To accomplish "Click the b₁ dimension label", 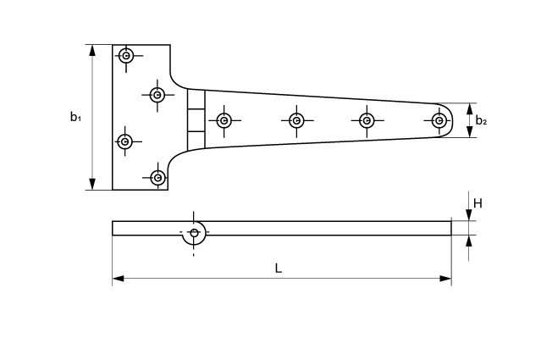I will point(75,117).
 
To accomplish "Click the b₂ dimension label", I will point(481,120).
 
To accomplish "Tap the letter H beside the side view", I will point(478,203).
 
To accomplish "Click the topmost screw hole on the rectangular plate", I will point(126,57).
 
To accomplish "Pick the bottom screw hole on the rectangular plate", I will point(157,177).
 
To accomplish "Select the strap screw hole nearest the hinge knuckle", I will point(224,120).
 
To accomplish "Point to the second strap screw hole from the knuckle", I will point(296,120).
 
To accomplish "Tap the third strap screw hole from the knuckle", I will point(367,120).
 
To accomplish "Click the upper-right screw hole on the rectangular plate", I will point(157,95).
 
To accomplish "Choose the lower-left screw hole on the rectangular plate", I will point(125,140).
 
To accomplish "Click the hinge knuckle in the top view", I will point(196,120).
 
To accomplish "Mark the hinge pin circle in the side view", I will point(194,233).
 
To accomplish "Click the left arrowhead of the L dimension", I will point(118,278).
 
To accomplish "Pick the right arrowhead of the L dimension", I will point(446,278).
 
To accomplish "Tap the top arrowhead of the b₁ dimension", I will point(92,50).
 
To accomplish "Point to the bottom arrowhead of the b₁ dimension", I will point(92,185).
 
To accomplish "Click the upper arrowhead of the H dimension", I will point(468,216).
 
